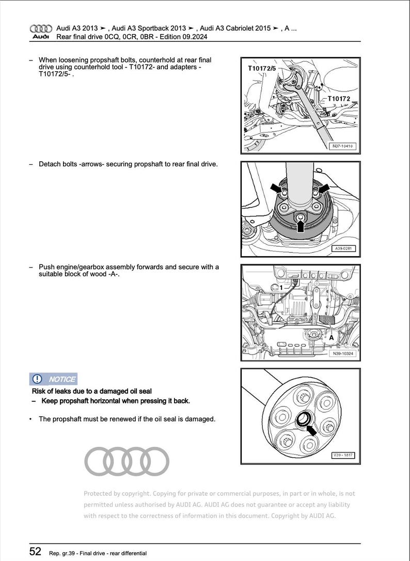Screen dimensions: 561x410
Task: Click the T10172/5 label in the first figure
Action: click(262, 68)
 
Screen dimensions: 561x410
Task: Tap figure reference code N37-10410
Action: click(342, 146)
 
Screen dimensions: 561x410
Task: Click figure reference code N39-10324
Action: click(343, 354)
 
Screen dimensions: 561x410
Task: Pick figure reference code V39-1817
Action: click(343, 456)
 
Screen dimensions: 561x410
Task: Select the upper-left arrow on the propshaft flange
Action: click(275, 185)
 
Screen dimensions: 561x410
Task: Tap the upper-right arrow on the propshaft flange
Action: click(324, 185)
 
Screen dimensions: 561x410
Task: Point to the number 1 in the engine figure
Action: click(281, 287)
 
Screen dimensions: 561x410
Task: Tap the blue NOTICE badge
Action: click(53, 379)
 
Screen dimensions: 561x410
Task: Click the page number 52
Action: click(35, 551)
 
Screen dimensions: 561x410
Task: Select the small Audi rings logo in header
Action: click(41, 29)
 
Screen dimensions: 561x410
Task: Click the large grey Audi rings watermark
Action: click(127, 461)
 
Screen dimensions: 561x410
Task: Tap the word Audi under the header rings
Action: click(41, 37)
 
